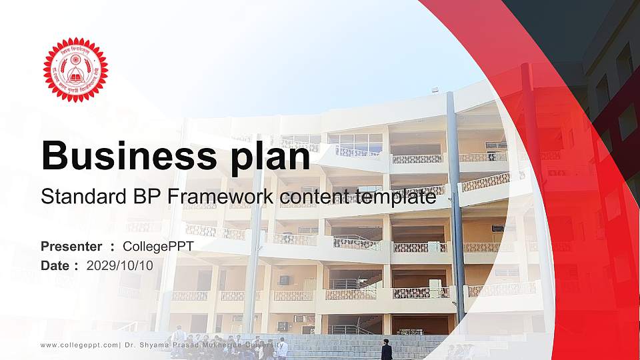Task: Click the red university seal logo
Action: tap(75, 70)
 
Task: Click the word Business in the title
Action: tap(119, 157)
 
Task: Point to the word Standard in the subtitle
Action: tap(76, 197)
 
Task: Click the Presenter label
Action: tap(71, 247)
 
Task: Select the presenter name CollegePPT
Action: tap(159, 247)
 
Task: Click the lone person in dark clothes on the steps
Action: tap(386, 350)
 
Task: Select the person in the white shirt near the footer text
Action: tap(283, 347)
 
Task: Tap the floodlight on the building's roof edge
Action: tap(435, 89)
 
